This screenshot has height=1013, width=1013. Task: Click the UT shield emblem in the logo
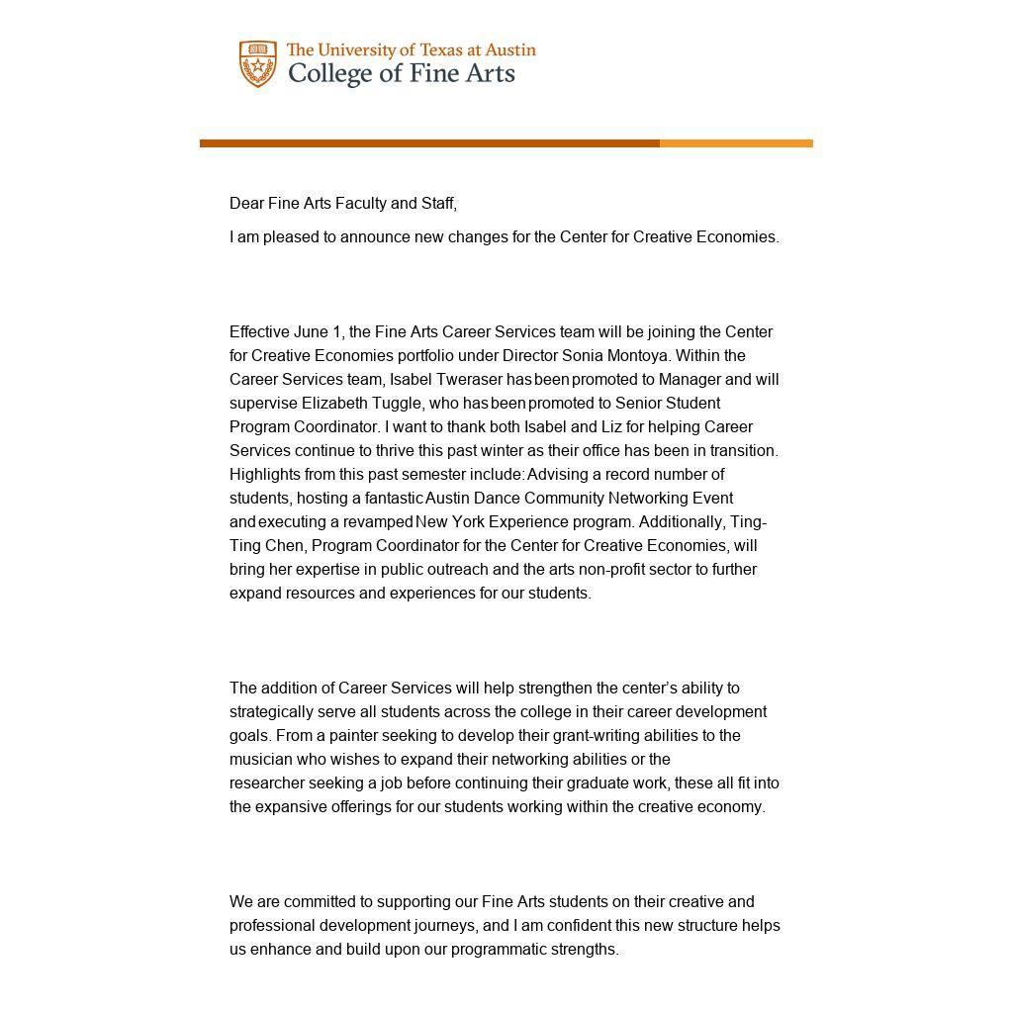coord(258,64)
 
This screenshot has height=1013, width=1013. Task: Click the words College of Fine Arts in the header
coord(401,74)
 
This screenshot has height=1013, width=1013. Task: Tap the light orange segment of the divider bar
coord(736,143)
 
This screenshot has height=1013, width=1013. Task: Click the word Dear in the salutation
coord(246,204)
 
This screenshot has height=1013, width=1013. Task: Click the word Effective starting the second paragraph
coord(259,332)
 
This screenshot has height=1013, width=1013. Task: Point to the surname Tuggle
coord(398,404)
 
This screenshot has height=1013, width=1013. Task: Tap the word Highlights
coord(264,475)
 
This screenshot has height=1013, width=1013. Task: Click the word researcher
coord(266,783)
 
